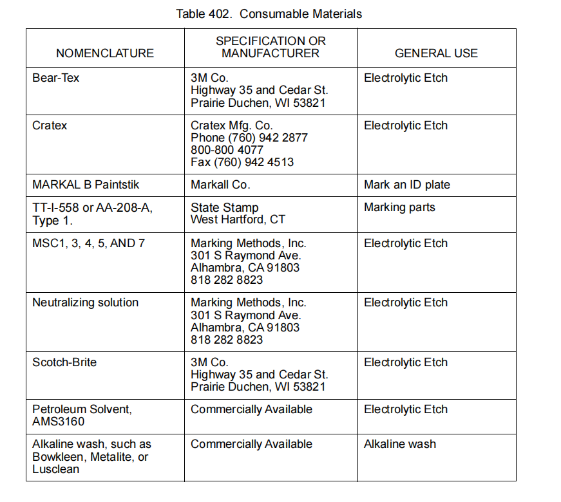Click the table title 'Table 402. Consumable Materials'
click(269, 14)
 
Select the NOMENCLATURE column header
click(105, 53)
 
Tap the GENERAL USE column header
click(436, 53)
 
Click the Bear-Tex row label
click(55, 78)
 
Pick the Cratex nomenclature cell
click(50, 126)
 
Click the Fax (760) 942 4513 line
click(242, 162)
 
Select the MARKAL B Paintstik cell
click(86, 185)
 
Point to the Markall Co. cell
click(220, 185)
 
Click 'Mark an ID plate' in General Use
click(407, 185)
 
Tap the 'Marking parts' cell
click(399, 207)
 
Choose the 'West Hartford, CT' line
click(238, 219)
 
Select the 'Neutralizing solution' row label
click(85, 302)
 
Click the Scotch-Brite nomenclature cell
click(64, 362)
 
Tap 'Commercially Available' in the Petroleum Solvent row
click(251, 409)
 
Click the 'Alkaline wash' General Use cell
click(399, 444)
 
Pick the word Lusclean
click(56, 469)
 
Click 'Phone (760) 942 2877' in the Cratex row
click(249, 138)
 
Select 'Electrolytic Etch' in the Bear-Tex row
click(406, 78)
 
